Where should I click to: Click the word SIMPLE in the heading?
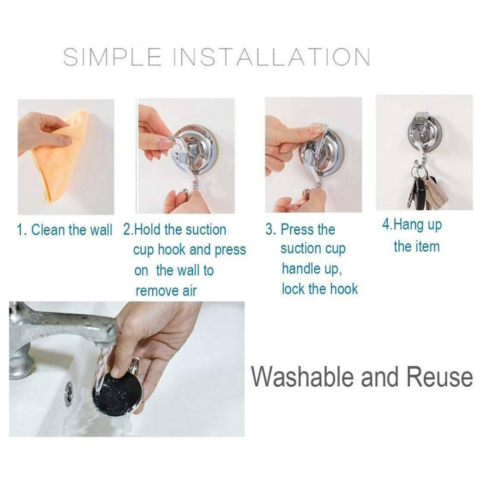tap(112, 57)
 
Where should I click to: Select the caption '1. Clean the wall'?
tap(64, 230)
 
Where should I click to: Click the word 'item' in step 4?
tap(428, 247)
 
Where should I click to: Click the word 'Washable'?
tap(301, 377)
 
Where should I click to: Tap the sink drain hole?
tap(69, 392)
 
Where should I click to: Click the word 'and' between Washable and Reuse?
tap(379, 377)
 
